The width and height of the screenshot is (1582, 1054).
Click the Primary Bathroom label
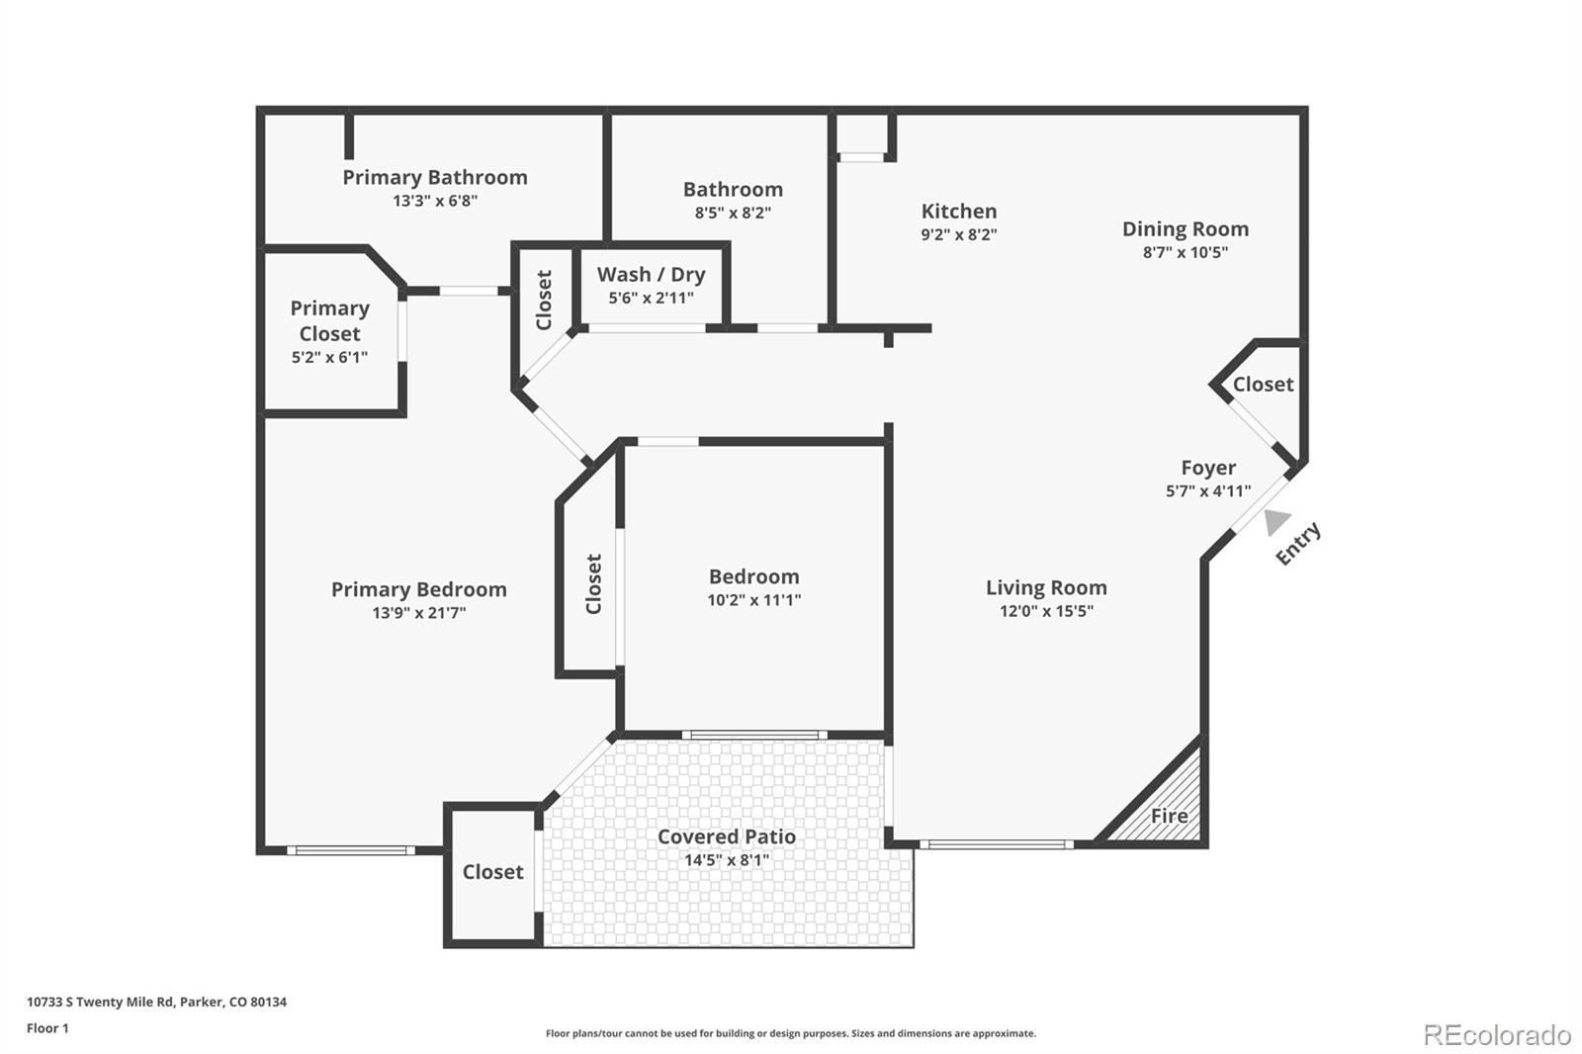click(435, 177)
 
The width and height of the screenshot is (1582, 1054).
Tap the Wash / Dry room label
click(651, 275)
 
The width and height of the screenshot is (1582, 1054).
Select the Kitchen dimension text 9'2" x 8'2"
click(958, 234)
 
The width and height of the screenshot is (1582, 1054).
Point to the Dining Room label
click(1185, 228)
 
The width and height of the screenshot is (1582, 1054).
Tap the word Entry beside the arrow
click(1298, 544)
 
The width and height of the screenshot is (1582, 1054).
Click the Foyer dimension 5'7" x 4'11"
click(1207, 490)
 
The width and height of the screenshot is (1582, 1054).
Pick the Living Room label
click(1046, 587)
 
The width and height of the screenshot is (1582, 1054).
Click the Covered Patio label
click(726, 836)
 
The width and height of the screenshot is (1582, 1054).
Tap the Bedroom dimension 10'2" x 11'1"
click(753, 600)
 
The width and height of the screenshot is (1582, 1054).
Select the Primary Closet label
click(329, 320)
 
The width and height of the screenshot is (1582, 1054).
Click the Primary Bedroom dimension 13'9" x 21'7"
click(418, 613)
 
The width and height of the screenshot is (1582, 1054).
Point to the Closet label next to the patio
click(492, 872)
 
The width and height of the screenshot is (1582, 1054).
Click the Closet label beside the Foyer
click(1263, 385)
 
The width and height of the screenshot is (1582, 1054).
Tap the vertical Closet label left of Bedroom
click(593, 583)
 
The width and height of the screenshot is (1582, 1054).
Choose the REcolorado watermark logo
click(1496, 1035)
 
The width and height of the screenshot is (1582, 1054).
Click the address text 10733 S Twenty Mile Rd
click(156, 1002)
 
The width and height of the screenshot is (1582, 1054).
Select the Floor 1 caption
click(47, 1028)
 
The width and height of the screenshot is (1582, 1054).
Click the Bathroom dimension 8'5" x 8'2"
click(733, 213)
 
